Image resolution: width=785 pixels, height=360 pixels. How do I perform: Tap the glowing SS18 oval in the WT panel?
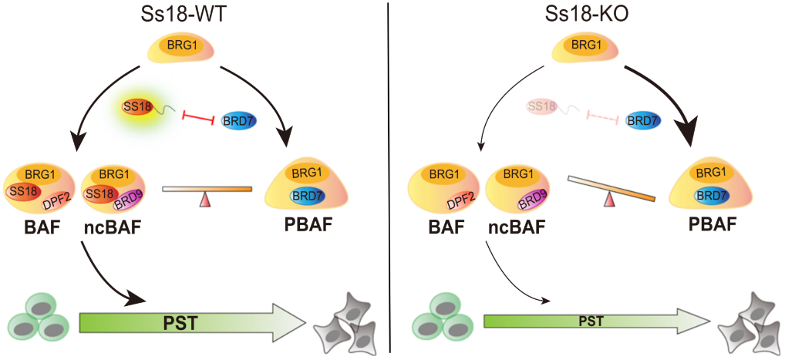(140, 108)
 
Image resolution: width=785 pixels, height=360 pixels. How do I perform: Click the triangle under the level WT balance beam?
(205, 200)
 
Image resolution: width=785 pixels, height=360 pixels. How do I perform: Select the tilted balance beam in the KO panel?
(611, 188)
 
